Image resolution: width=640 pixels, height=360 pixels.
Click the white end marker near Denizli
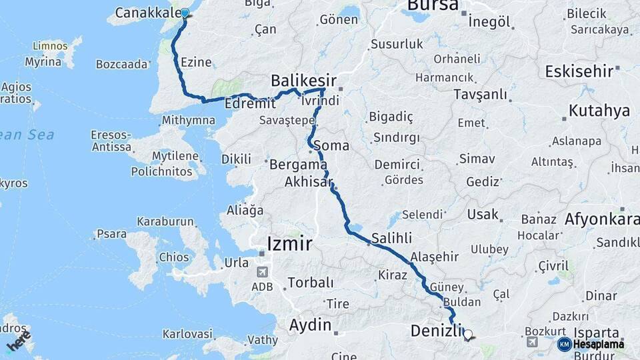pos(467,335)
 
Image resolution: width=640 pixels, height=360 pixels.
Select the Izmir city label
pos(289,243)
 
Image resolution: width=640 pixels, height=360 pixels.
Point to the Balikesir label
pos(303,81)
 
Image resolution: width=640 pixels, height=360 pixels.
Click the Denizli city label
pos(436,331)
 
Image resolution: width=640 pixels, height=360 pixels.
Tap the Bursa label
pos(433,6)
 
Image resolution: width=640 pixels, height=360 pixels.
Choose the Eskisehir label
pos(579,71)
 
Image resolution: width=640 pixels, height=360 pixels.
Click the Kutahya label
pos(599,111)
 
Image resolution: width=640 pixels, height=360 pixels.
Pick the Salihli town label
pos(391,238)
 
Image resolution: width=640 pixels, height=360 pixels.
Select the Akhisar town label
pos(308,181)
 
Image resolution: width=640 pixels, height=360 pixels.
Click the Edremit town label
pos(249,105)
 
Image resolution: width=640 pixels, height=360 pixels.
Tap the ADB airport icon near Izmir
pos(261,273)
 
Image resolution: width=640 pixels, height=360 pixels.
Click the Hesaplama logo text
pos(598,344)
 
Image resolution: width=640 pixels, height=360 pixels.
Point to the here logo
pos(19,341)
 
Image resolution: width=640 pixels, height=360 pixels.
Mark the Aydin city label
pos(310,325)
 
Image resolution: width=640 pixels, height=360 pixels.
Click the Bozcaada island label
pos(121,65)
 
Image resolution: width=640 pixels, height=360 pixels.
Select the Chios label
pos(173,257)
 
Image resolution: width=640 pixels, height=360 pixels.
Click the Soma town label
pos(335,145)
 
